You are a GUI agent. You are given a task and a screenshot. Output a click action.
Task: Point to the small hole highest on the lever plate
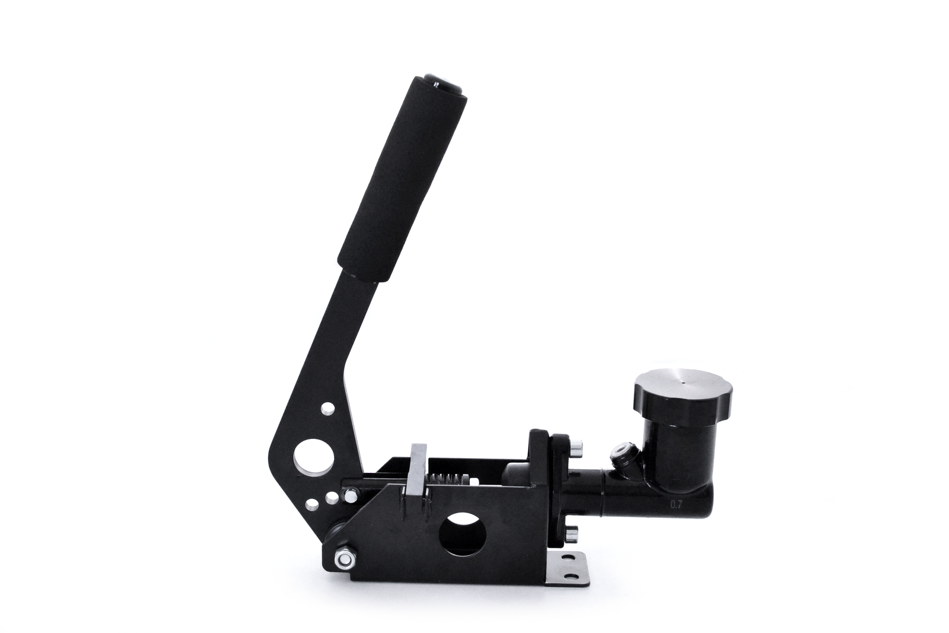[326, 408]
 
